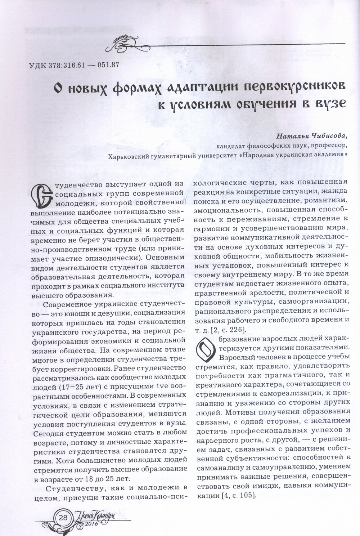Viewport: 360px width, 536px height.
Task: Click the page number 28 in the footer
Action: (63, 518)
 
